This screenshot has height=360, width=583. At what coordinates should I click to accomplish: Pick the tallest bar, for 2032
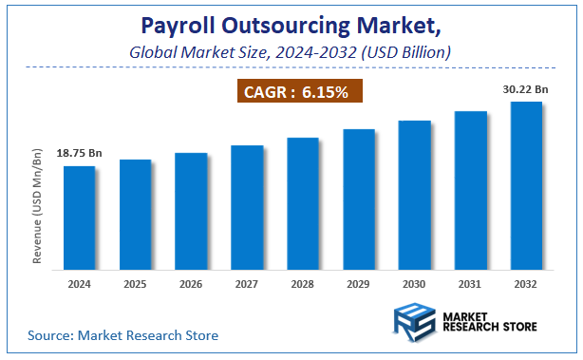pos(526,184)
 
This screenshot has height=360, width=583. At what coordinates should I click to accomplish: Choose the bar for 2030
pos(414,194)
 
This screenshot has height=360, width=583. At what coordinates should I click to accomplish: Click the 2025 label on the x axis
pos(136,283)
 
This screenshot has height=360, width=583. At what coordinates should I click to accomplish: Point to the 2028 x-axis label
pos(303,283)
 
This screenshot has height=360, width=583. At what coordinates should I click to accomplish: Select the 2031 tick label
pos(470,283)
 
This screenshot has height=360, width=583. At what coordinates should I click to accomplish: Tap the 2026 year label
pos(191,283)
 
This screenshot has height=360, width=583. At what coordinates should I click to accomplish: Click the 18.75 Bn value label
pos(80,153)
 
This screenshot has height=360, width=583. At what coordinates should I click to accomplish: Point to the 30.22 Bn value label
pos(525,89)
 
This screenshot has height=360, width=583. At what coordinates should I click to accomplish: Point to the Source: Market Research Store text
pos(122,335)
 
